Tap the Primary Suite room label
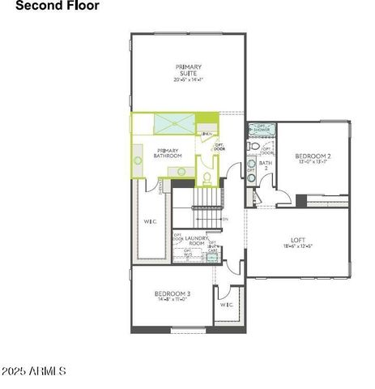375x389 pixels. [189, 70]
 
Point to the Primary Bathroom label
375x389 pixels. [168, 153]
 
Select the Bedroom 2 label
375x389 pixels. [313, 156]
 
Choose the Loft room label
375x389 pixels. [298, 240]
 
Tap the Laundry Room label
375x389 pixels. [197, 241]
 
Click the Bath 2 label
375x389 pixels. [263, 165]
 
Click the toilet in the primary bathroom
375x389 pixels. [206, 178]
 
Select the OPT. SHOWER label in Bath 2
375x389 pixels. [262, 128]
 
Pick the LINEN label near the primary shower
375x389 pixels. [207, 134]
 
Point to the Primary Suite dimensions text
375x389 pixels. [189, 79]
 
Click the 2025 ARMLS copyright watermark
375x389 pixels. [34, 371]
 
